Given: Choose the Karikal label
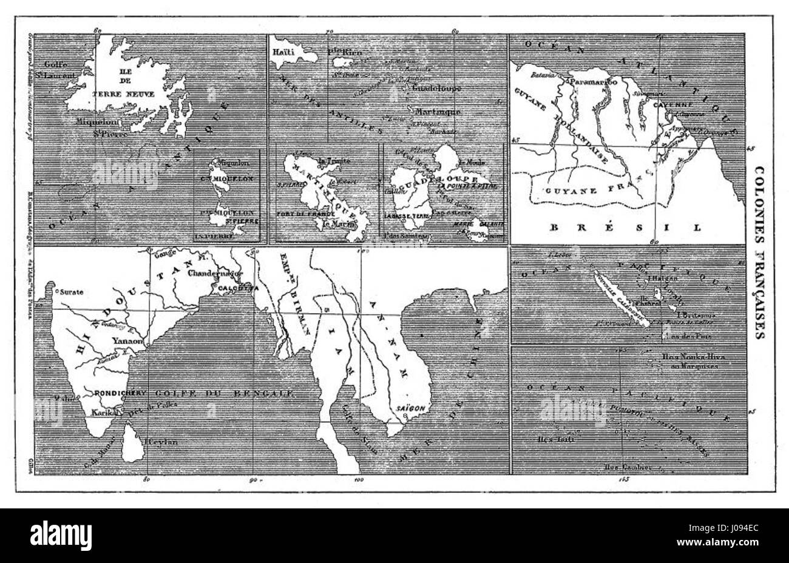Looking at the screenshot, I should click(104, 412).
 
